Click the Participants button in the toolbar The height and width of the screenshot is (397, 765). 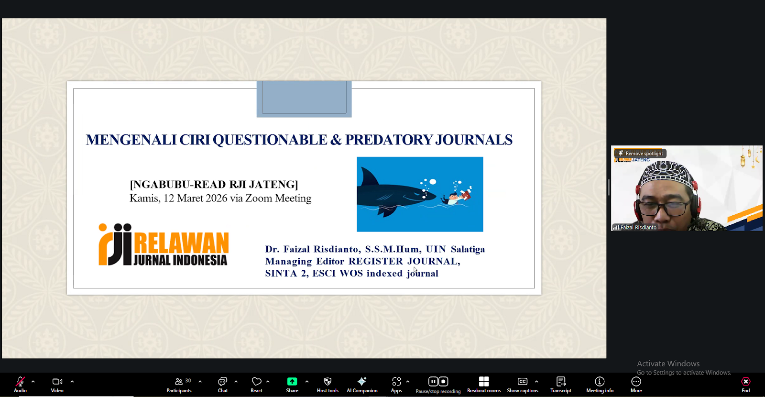click(x=179, y=385)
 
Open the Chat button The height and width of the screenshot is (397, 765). click(x=223, y=385)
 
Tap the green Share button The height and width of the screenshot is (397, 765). click(x=292, y=385)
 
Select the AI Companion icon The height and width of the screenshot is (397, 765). click(x=361, y=381)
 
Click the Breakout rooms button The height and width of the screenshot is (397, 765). click(x=483, y=385)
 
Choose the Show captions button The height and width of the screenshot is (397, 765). click(x=523, y=385)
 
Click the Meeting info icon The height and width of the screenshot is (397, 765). click(x=600, y=381)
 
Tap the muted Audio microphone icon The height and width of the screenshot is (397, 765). click(x=20, y=381)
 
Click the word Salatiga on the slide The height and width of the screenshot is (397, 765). click(x=468, y=249)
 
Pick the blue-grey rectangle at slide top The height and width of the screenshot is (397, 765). click(x=304, y=99)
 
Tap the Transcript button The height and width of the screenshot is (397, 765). click(x=561, y=385)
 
